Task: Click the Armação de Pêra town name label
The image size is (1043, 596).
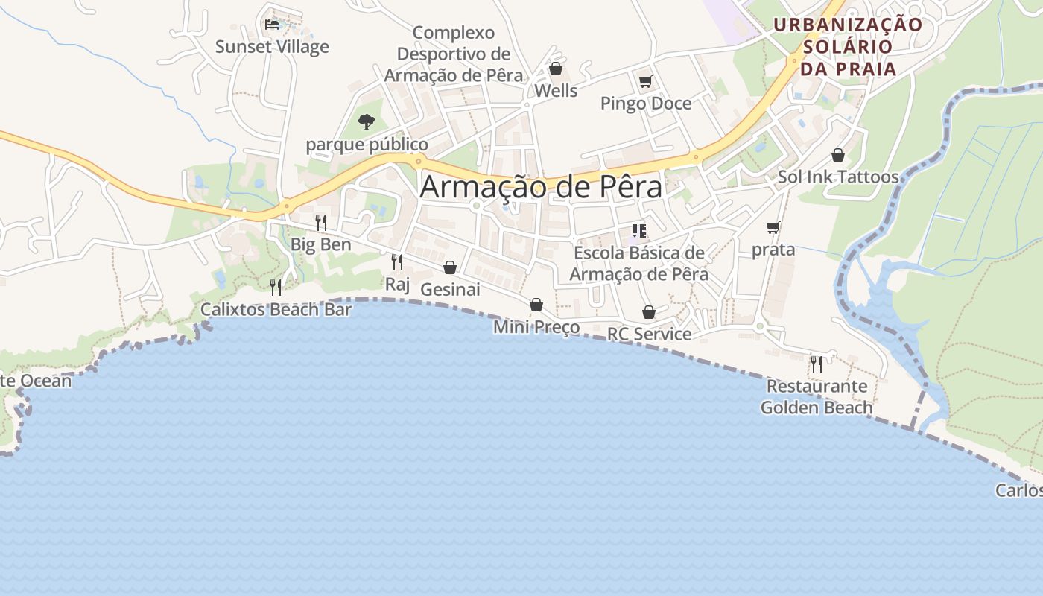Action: pyautogui.click(x=541, y=186)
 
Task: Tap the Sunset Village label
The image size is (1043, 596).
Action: pyautogui.click(x=272, y=47)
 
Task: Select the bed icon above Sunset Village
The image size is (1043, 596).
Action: pyautogui.click(x=272, y=25)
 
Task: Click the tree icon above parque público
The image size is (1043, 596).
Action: pyautogui.click(x=366, y=121)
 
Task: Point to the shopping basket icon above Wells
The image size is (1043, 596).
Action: pyautogui.click(x=555, y=69)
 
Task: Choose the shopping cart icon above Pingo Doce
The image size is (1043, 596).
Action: pyautogui.click(x=645, y=81)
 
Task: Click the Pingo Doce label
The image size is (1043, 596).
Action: pyautogui.click(x=646, y=103)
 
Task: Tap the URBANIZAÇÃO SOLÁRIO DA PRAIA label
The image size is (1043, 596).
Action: pyautogui.click(x=848, y=46)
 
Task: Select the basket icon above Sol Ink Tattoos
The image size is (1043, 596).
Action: pyautogui.click(x=838, y=155)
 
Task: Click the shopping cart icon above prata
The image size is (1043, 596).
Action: pyautogui.click(x=773, y=227)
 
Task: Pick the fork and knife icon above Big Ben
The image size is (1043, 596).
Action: pyautogui.click(x=320, y=222)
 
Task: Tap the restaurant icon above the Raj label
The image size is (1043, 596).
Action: pyautogui.click(x=397, y=261)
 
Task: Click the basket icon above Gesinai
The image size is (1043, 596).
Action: pyautogui.click(x=450, y=267)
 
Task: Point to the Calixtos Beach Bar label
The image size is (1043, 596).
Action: pyautogui.click(x=276, y=309)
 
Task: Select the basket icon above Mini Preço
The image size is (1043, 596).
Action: pyautogui.click(x=536, y=305)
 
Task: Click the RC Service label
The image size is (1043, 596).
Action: pyautogui.click(x=649, y=334)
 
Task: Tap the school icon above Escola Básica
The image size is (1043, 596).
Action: pyautogui.click(x=638, y=231)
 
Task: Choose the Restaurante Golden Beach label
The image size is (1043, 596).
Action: pyautogui.click(x=817, y=397)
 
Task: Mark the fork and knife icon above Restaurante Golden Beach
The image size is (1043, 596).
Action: pyautogui.click(x=817, y=364)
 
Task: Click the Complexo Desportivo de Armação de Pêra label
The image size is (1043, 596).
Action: pyautogui.click(x=454, y=54)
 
